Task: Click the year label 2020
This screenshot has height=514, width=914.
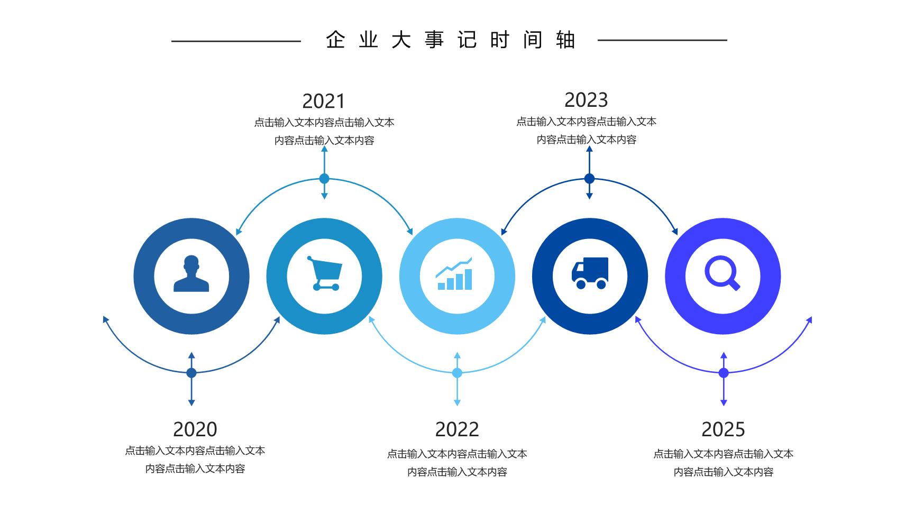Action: tap(195, 429)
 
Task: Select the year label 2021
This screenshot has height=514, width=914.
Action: tap(323, 101)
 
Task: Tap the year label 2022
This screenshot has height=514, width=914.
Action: tap(457, 429)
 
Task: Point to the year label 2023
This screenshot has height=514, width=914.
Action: tap(586, 100)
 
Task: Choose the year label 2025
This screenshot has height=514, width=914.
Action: tap(723, 429)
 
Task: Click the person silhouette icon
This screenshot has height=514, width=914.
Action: tap(191, 274)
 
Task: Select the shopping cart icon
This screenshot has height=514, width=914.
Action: tap(324, 273)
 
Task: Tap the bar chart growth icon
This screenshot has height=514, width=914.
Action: tap(454, 273)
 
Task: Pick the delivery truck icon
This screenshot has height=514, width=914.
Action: tap(590, 273)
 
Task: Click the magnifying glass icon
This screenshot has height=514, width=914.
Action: tap(723, 273)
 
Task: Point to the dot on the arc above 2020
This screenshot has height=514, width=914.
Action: tap(191, 373)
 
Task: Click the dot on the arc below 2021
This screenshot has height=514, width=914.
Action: tap(324, 179)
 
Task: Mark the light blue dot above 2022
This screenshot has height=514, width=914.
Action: tap(457, 373)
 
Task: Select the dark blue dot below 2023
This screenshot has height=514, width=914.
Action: tap(589, 179)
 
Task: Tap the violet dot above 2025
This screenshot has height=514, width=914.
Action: tap(724, 373)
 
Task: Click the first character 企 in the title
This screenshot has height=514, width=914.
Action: tap(335, 40)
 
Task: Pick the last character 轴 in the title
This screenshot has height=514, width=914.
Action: tap(565, 40)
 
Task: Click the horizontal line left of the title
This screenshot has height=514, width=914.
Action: tap(236, 41)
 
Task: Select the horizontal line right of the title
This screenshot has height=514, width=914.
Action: tap(662, 40)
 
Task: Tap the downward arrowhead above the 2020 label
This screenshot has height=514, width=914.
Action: tap(191, 402)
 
